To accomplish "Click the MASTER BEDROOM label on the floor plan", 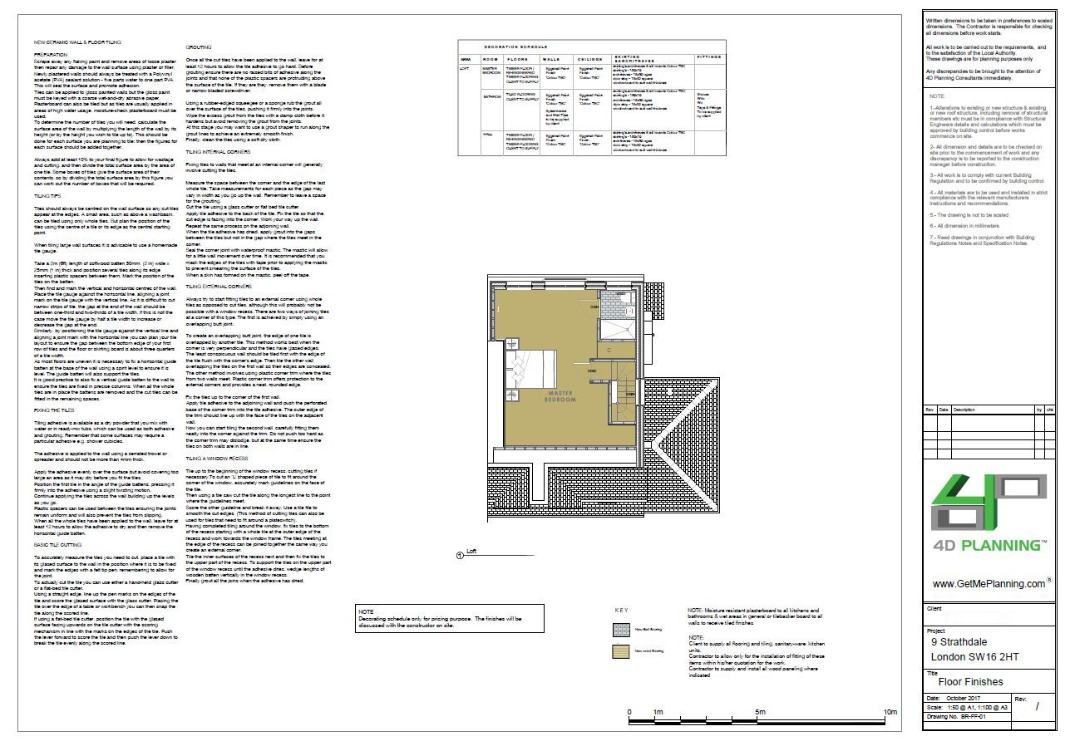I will pyautogui.click(x=560, y=396).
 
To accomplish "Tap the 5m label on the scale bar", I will pyautogui.click(x=760, y=713).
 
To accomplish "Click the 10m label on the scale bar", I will pyautogui.click(x=890, y=713).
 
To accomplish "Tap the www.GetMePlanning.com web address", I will pyautogui.click(x=989, y=584).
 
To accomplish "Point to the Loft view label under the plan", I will pyautogui.click(x=471, y=551).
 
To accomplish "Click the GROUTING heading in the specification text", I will pyautogui.click(x=198, y=47).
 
